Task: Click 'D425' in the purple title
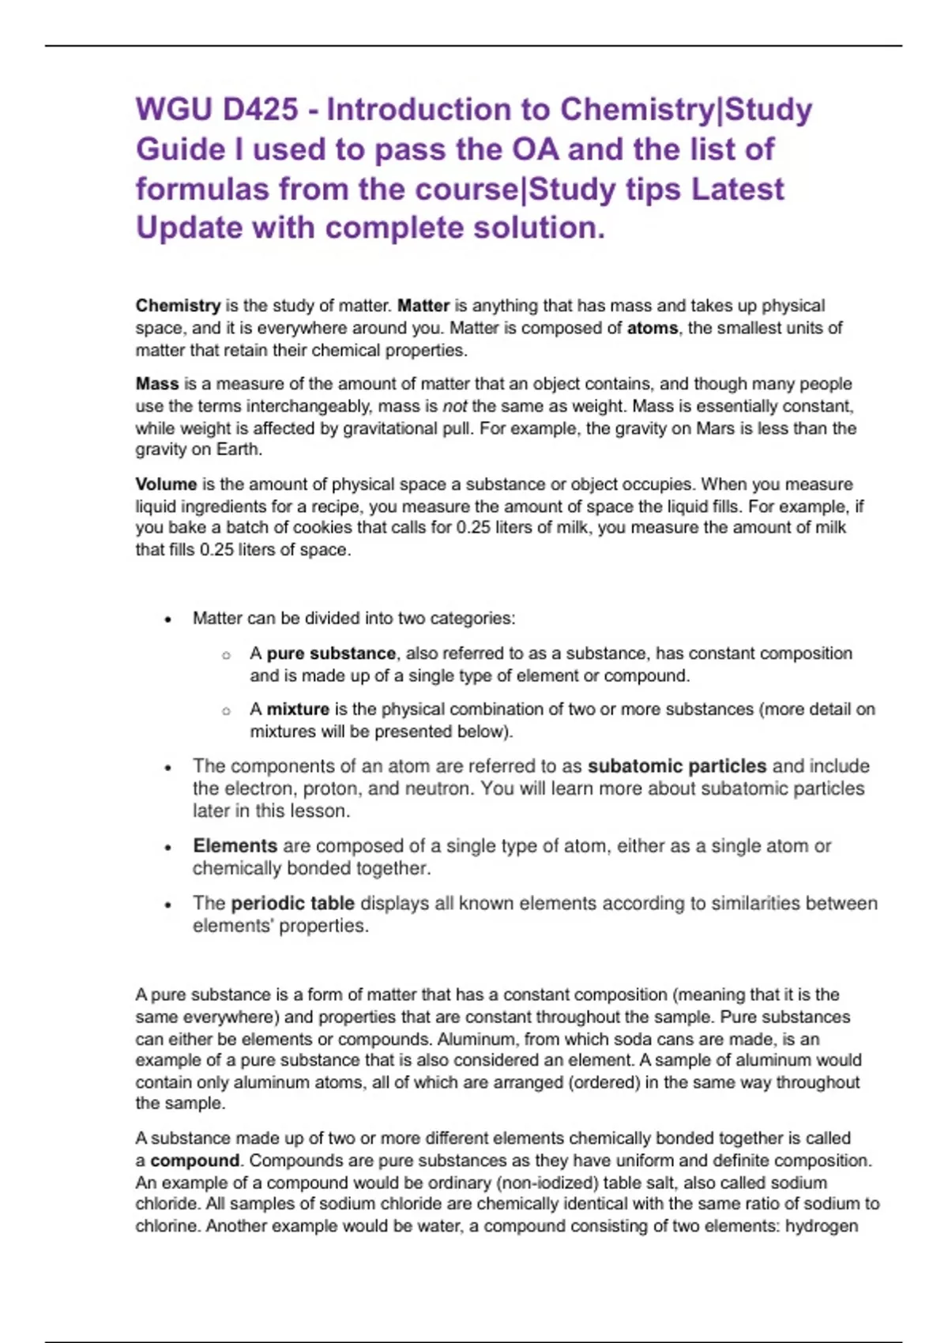coord(260,110)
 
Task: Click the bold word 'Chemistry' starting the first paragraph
coord(178,306)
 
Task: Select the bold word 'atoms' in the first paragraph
coord(652,328)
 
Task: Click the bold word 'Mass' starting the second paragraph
coord(156,384)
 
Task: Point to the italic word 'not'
coord(454,406)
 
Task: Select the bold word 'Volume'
coord(166,484)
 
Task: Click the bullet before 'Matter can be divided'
coord(167,620)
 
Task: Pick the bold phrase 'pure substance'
coord(331,653)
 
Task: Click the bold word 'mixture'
coord(298,709)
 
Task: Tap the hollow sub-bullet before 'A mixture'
coord(226,711)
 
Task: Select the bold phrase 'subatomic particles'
coord(677,766)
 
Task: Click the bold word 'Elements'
coord(235,846)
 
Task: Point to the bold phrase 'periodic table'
coord(292,903)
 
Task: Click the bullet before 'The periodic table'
coord(167,905)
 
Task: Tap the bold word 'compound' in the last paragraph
coord(194,1161)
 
